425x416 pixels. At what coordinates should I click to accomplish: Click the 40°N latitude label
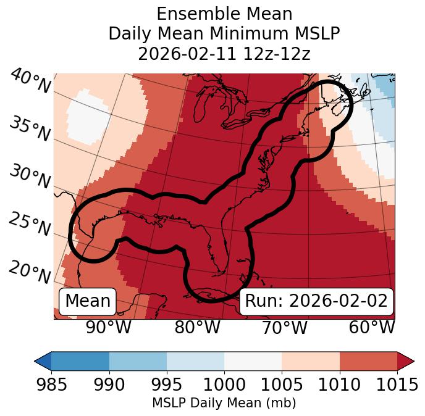pyautogui.click(x=30, y=81)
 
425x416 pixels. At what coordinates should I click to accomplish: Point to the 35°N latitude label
pyautogui.click(x=30, y=128)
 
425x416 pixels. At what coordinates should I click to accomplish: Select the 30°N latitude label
pyautogui.click(x=30, y=177)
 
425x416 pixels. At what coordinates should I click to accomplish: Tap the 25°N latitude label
pyautogui.click(x=30, y=225)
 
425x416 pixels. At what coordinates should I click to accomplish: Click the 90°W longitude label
pyautogui.click(x=108, y=327)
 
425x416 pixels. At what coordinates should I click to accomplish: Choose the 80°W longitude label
pyautogui.click(x=198, y=327)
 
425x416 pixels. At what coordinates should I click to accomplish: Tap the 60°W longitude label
pyautogui.click(x=372, y=327)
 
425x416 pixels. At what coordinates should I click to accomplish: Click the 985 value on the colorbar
pyautogui.click(x=51, y=385)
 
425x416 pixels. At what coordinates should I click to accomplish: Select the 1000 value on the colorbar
pyautogui.click(x=224, y=385)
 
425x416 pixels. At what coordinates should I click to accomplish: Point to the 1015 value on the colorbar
pyautogui.click(x=397, y=385)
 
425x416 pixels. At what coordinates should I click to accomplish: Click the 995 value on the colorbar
pyautogui.click(x=167, y=385)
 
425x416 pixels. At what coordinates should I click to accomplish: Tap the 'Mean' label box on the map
pyautogui.click(x=88, y=301)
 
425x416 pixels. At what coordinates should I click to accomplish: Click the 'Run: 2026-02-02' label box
pyautogui.click(x=316, y=301)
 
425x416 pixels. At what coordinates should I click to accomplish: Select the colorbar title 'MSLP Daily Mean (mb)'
pyautogui.click(x=224, y=404)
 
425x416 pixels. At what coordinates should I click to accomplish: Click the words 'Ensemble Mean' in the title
pyautogui.click(x=224, y=14)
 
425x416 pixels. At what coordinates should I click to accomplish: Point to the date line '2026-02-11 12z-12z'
pyautogui.click(x=224, y=54)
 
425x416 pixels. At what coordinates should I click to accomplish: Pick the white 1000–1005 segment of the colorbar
pyautogui.click(x=253, y=360)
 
